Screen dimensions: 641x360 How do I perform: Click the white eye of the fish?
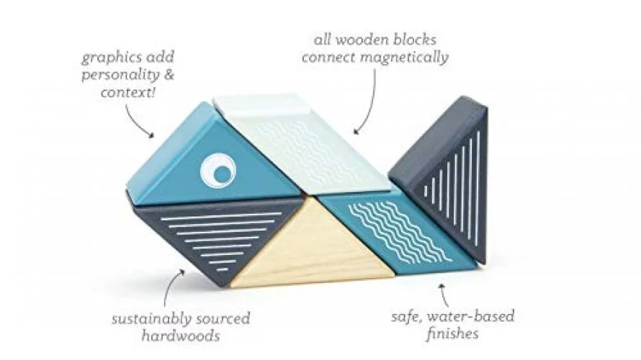click(218, 171)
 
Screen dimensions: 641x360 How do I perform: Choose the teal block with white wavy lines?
click(397, 232)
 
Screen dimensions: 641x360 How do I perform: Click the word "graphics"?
click(109, 58)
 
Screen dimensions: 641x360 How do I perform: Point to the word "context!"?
click(128, 93)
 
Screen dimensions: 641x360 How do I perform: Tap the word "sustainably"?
click(151, 319)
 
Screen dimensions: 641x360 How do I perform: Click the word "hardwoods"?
click(181, 336)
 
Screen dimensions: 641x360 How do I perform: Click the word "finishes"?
click(452, 334)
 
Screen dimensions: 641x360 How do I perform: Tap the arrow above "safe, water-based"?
click(445, 294)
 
